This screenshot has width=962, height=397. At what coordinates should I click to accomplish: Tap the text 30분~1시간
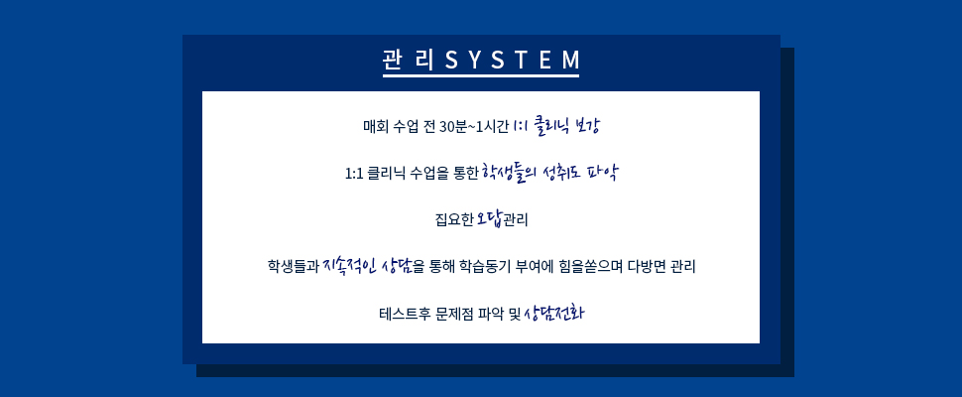475,128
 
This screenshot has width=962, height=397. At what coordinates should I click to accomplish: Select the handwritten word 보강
585,127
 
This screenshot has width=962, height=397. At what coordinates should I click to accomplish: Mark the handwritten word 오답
490,219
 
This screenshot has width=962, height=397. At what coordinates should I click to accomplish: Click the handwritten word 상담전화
554,314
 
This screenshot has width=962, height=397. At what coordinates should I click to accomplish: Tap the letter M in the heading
570,61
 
